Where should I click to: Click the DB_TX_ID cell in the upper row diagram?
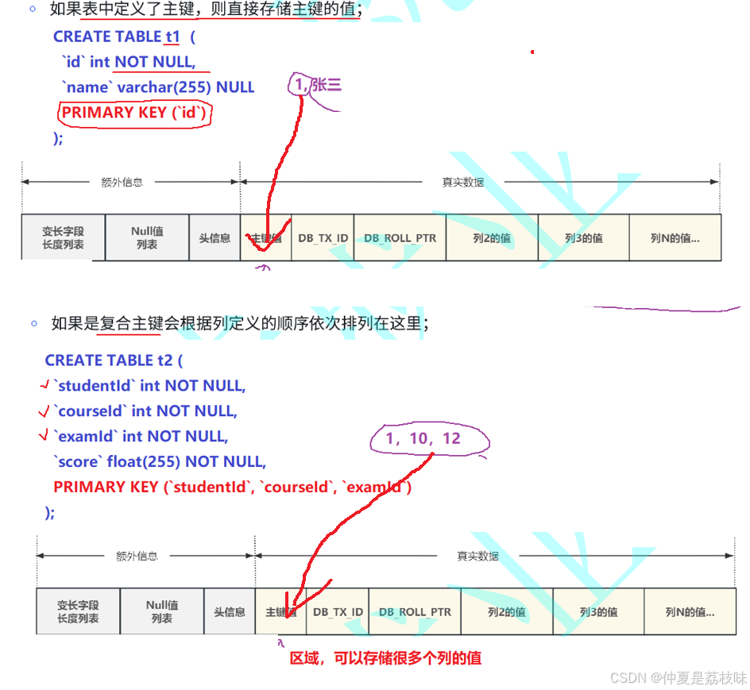(323, 238)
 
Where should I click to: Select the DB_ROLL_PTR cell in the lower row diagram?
(415, 612)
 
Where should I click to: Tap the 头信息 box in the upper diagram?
(215, 238)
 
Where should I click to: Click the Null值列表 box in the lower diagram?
(162, 611)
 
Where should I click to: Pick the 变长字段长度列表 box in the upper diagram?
(63, 238)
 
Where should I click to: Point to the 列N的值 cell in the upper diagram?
(675, 238)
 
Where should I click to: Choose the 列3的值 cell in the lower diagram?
(598, 612)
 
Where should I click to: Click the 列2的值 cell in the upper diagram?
(492, 238)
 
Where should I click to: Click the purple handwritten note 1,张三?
(317, 85)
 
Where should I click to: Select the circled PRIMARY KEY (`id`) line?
(134, 113)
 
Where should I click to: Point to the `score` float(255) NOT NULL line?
(160, 461)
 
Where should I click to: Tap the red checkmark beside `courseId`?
(44, 411)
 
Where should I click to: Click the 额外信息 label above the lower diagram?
(137, 557)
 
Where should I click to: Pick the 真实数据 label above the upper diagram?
(463, 182)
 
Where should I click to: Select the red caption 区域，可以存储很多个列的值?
(385, 657)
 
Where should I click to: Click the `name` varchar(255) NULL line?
(158, 87)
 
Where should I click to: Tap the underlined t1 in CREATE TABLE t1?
(172, 37)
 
